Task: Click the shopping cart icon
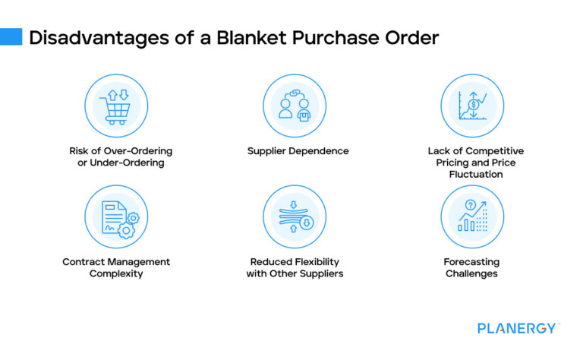coord(116,106)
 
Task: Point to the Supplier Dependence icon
coord(294,106)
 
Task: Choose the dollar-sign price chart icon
coord(472,106)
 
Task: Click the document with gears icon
coord(116,217)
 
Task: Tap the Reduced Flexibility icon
coord(294,217)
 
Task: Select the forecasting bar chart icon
coord(472,217)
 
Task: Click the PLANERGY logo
coord(518,328)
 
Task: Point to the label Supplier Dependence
coord(298,151)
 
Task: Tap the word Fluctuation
coord(475,174)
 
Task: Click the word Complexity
coord(116,273)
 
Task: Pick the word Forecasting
coord(471,262)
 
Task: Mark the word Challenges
coord(471,273)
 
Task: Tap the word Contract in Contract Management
coord(83,262)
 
